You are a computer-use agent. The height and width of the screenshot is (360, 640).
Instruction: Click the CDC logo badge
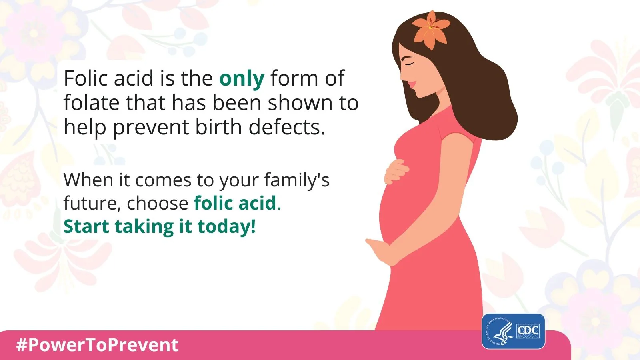pyautogui.click(x=514, y=332)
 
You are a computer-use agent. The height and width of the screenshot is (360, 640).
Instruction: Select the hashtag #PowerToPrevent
pyautogui.click(x=98, y=345)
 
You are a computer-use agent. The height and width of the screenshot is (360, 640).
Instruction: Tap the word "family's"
pyautogui.click(x=297, y=180)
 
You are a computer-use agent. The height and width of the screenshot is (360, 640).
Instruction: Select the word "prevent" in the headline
pyautogui.click(x=150, y=128)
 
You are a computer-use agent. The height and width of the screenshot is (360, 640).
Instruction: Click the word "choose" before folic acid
pyautogui.click(x=158, y=203)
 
